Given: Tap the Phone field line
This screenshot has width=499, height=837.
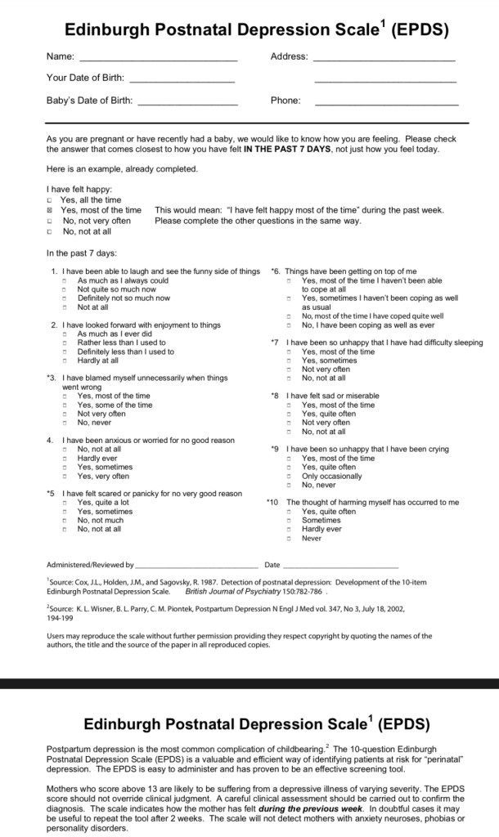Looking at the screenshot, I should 386,105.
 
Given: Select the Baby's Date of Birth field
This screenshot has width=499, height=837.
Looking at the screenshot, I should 187,105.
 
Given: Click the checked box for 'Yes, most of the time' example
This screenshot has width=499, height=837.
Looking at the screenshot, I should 50,210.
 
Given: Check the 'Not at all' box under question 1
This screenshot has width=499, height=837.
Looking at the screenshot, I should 65,307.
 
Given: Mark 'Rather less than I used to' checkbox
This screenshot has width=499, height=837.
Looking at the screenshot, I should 65,343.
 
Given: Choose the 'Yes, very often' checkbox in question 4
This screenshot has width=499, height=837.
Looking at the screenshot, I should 65,477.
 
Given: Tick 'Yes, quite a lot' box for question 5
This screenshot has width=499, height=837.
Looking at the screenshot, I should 65,504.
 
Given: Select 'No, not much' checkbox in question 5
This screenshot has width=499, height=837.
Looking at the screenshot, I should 65,521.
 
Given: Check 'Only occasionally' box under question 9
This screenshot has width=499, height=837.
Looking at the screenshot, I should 289,477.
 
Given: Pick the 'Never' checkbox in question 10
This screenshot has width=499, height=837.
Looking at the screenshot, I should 289,539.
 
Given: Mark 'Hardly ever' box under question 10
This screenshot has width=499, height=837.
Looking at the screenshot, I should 289,530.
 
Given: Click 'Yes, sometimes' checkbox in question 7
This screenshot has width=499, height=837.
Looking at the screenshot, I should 289,361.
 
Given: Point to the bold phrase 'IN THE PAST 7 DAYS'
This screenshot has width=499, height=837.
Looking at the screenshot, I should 285,150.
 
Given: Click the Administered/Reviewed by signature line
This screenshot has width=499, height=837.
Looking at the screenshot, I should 196,566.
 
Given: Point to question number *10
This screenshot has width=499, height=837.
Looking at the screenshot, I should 272,503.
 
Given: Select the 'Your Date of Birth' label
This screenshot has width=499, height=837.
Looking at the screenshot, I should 85,78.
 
